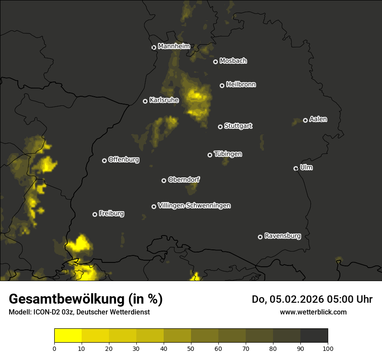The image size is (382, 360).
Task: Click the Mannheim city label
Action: click(174, 46)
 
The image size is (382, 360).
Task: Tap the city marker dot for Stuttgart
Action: click(220, 127)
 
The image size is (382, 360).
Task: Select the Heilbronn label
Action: click(241, 85)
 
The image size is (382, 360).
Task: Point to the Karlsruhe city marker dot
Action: click(145, 101)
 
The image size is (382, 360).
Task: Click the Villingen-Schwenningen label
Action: click(194, 206)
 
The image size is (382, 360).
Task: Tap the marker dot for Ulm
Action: click(296, 168)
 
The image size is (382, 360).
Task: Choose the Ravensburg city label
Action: click(283, 236)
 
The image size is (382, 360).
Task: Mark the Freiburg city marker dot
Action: click(95, 214)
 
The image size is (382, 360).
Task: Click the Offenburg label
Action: click(124, 160)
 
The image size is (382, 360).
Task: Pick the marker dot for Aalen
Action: click(305, 120)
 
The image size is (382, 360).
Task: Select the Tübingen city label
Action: click(228, 154)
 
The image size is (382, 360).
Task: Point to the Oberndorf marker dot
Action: click(164, 180)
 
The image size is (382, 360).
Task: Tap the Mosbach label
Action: click(233, 61)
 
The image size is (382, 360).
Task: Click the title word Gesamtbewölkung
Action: click(68, 299)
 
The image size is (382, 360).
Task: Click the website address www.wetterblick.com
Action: click(313, 312)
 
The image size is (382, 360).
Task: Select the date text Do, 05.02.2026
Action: click(289, 299)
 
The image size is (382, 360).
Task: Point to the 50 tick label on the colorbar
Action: click(191, 348)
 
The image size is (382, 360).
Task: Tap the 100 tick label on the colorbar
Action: click(328, 348)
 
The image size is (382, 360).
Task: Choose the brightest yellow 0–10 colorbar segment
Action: click(68, 336)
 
